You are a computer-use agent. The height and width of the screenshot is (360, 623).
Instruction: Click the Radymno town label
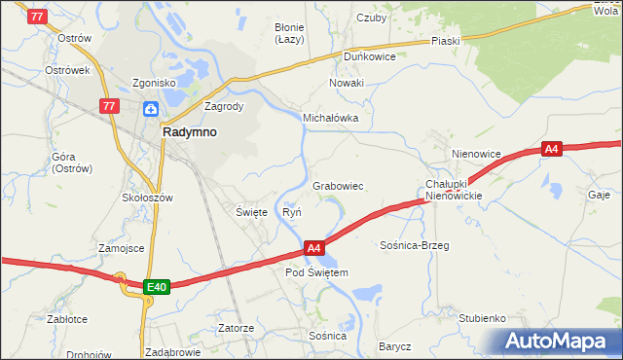point(190,132)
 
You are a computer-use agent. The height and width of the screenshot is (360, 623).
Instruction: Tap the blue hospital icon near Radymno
point(151,109)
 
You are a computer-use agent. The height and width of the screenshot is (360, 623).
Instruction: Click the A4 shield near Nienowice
point(552,149)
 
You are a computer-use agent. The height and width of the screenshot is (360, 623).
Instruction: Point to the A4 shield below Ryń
point(313,249)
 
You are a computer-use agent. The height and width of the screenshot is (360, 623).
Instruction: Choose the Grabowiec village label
point(338,186)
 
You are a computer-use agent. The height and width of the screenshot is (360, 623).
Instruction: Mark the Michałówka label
point(331,118)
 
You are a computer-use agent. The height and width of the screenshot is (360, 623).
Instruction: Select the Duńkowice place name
point(369,56)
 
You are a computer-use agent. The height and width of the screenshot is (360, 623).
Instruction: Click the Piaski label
point(445,42)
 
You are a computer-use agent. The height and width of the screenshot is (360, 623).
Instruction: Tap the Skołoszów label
point(147,198)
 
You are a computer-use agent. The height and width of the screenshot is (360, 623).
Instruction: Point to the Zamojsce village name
point(121,248)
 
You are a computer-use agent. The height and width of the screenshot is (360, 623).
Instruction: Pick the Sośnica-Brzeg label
point(415,246)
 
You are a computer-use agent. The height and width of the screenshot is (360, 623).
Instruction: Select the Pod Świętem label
point(316,273)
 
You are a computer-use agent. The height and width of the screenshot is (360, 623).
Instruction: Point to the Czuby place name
point(372,18)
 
